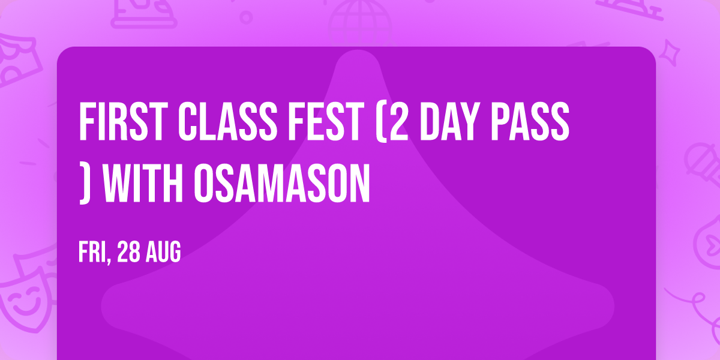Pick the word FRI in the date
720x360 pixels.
91,253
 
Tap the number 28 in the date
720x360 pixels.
128,253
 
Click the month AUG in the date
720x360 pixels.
162,253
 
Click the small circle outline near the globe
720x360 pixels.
245,16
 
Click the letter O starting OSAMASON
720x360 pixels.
213,181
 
